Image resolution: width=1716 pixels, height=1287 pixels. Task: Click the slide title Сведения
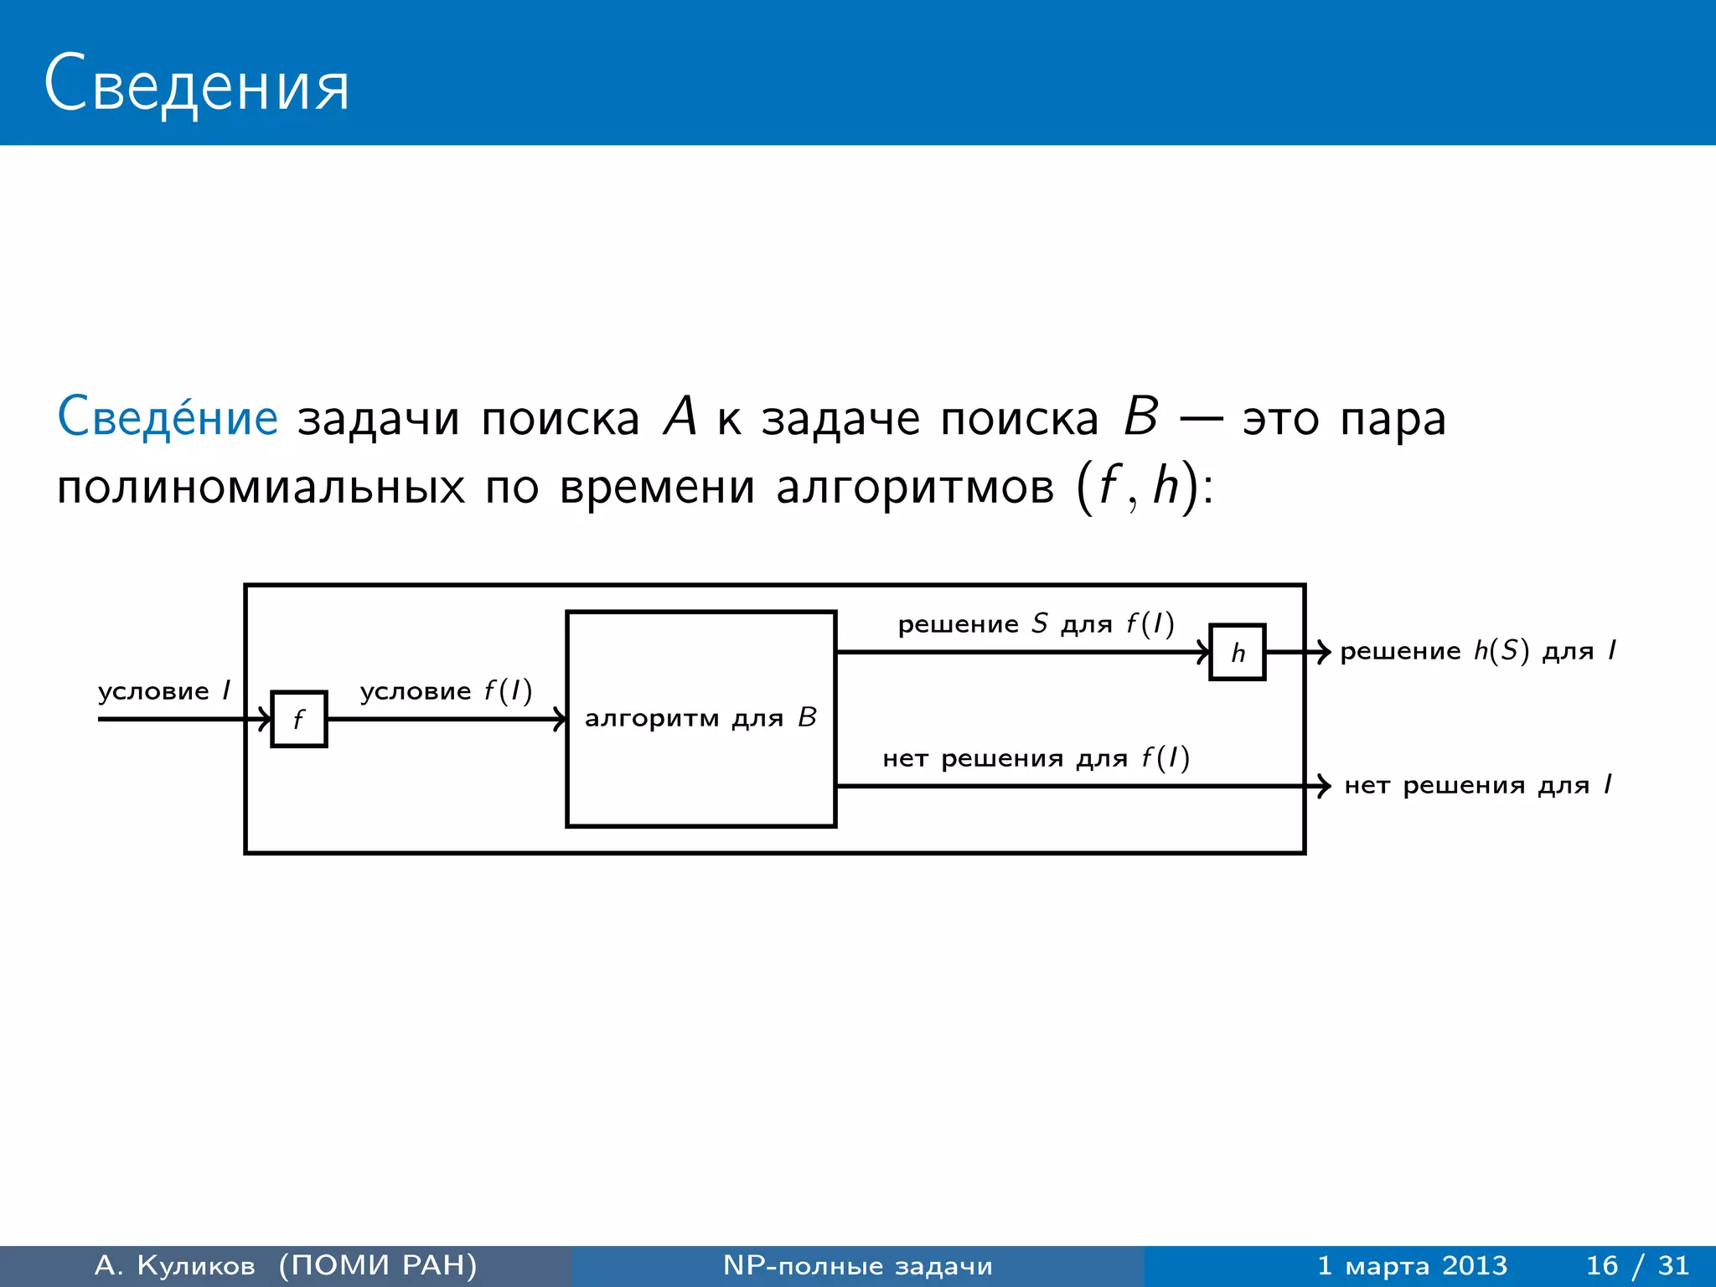196,84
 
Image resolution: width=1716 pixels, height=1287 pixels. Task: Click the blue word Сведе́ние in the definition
168,417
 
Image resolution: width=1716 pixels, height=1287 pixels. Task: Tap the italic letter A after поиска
680,416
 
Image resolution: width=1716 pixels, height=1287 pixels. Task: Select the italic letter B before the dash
1140,416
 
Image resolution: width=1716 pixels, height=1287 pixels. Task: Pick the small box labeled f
299,719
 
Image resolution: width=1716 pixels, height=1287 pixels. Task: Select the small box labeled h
1238,652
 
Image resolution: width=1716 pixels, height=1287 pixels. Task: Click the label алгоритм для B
700,718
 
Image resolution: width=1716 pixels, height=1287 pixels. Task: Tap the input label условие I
164,691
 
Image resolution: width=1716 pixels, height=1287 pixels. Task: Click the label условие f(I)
446,691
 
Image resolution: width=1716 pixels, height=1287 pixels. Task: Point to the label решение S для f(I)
1036,624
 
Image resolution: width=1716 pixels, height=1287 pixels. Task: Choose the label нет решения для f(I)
1036,758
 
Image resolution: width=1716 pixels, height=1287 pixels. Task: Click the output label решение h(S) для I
1477,651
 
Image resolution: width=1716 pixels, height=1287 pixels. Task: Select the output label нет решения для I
1477,786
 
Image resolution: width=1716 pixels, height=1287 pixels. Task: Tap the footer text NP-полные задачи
857,1265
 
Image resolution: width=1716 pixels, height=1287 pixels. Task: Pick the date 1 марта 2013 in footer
1412,1265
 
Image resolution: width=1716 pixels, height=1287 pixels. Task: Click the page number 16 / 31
1637,1265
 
